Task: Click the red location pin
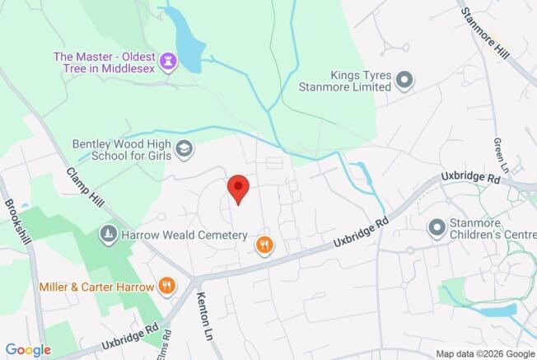point(238,189)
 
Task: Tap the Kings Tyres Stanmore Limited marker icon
point(404,80)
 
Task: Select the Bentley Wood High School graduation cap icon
point(186,148)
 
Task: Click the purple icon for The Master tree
point(169,61)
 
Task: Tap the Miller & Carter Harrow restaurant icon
point(167,287)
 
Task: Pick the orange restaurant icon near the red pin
point(264,244)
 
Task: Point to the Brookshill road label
point(16,222)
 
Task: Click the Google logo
point(27,350)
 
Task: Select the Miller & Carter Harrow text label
point(96,288)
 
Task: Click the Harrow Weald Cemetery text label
point(184,235)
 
